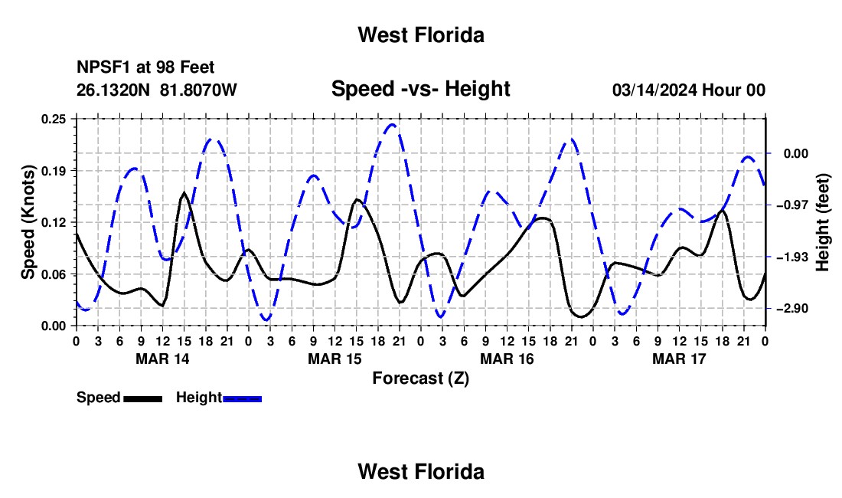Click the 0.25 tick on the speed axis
pos(53,119)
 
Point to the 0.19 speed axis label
pos(53,171)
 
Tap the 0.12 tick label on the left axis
pos(53,222)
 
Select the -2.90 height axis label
pos(796,308)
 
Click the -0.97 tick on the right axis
pos(796,205)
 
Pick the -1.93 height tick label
pos(796,257)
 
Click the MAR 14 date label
pos(163,359)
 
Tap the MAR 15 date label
pos(335,359)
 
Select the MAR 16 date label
pos(507,359)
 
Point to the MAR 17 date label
pos(679,359)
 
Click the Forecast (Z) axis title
pos(421,378)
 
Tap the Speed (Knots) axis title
pos(28,222)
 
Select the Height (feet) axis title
pos(822,222)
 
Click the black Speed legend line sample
pos(143,398)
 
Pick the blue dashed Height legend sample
pos(242,398)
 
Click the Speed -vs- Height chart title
pos(421,89)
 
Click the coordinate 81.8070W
pos(198,90)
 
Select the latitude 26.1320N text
pos(113,90)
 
